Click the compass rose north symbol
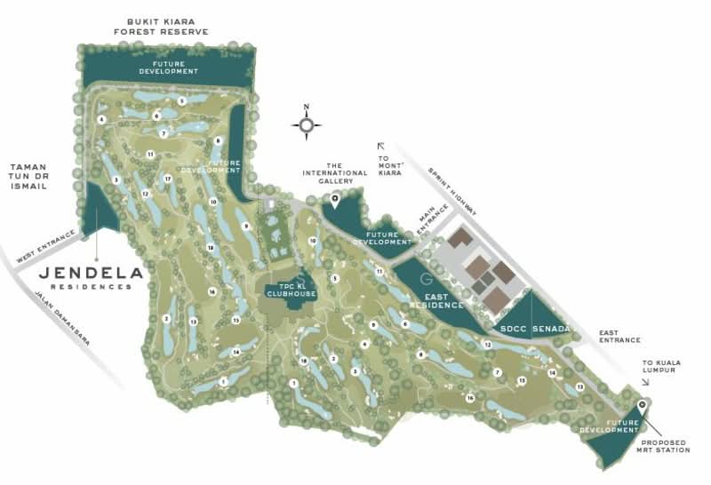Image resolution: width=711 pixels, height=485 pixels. pyautogui.click(x=307, y=125)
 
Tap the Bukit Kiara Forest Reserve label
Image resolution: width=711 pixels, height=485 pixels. pyautogui.click(x=161, y=25)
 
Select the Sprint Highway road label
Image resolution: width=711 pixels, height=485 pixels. pyautogui.click(x=453, y=189)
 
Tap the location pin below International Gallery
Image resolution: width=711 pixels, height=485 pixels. pyautogui.click(x=335, y=199)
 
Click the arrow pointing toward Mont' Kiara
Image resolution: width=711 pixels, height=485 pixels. pyautogui.click(x=381, y=147)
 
